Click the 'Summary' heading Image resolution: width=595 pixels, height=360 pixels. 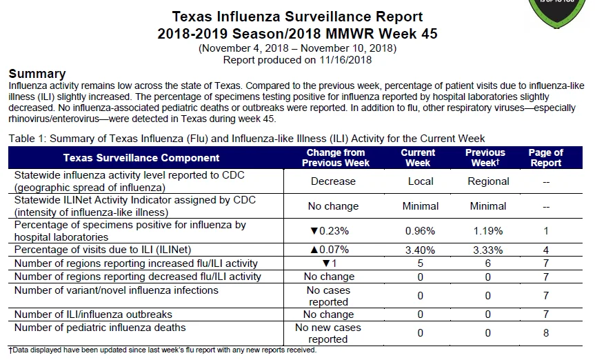coord(37,73)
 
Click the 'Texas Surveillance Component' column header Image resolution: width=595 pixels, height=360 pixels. coord(141,158)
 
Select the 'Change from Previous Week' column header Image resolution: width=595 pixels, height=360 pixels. coord(336,158)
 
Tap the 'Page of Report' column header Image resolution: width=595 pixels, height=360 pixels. coord(545,158)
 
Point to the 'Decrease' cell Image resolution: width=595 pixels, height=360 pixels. coord(333,181)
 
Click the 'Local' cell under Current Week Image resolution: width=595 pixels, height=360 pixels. coord(421,181)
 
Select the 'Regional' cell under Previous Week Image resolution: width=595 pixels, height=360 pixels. coord(488,181)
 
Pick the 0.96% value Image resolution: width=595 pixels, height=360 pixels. coord(420,231)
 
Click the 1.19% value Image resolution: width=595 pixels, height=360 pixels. coord(488,231)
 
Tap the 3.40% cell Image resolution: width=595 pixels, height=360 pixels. coord(420,250)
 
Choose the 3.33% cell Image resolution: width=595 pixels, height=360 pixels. coord(488,250)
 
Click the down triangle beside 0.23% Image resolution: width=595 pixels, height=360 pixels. coord(314,231)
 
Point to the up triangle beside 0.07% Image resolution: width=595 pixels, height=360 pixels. coord(314,250)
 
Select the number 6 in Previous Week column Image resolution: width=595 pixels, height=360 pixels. coord(488,263)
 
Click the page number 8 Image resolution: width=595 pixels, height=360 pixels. coord(545,333)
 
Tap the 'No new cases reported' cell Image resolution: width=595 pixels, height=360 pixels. coord(328,333)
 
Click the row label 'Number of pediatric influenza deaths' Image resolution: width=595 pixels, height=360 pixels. coord(100,328)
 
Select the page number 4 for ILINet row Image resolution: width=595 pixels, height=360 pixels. coord(545,250)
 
